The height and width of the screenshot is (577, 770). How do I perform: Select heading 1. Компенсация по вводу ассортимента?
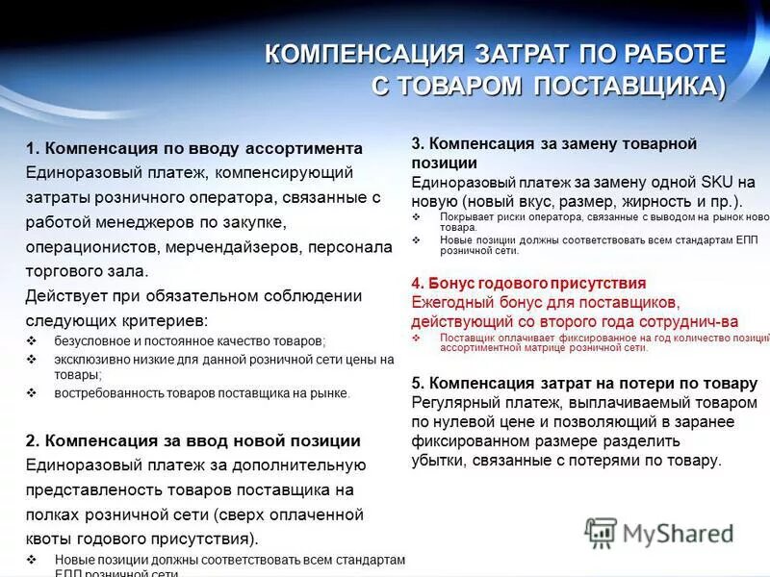pos(193,148)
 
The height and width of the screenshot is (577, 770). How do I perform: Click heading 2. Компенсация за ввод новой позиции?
pos(192,440)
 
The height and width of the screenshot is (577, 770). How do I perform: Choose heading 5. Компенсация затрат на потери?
pos(584,383)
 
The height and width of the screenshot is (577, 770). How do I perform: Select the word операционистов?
pos(92,247)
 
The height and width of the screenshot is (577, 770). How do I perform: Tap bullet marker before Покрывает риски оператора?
pos(416,217)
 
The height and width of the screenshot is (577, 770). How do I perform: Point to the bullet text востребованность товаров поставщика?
pos(202,393)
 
